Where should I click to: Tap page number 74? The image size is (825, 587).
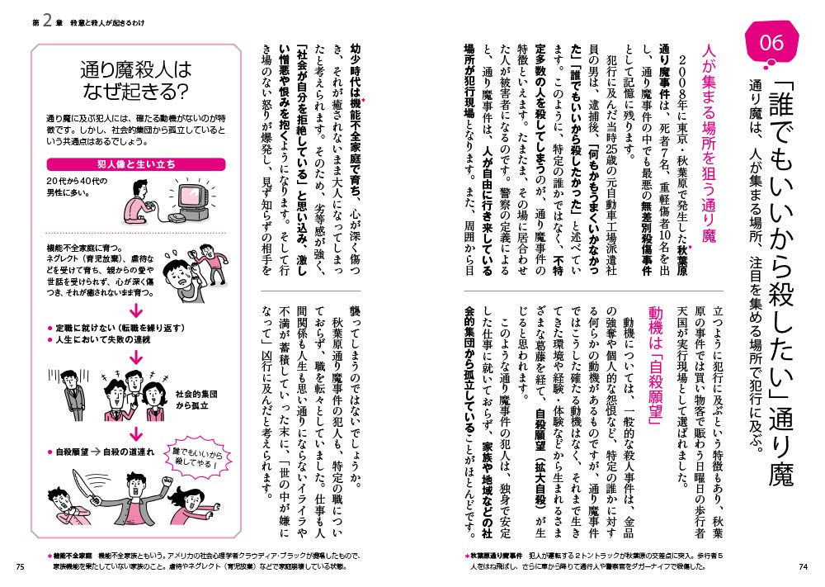[x=803, y=566]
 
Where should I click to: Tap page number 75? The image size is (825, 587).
[x=21, y=566]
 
